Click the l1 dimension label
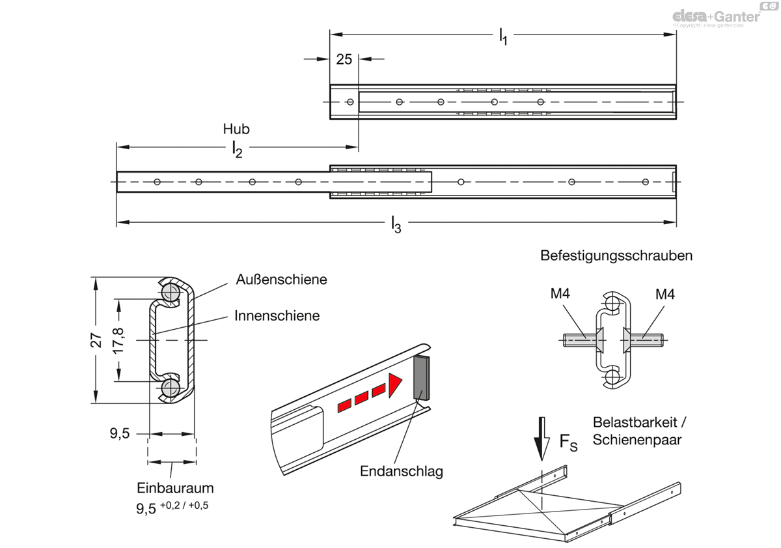(503, 36)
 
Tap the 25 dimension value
(344, 59)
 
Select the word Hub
(236, 129)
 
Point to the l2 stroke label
(238, 151)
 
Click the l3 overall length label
(396, 224)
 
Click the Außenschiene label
(281, 280)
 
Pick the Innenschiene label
(277, 315)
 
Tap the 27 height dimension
(96, 340)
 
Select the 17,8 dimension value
(118, 340)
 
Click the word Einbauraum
(175, 488)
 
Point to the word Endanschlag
(402, 471)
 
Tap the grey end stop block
(421, 378)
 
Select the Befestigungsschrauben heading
(616, 255)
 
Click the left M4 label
(560, 293)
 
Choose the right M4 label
(665, 295)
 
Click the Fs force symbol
(568, 442)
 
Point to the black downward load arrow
(541, 439)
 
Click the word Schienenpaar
(637, 439)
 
